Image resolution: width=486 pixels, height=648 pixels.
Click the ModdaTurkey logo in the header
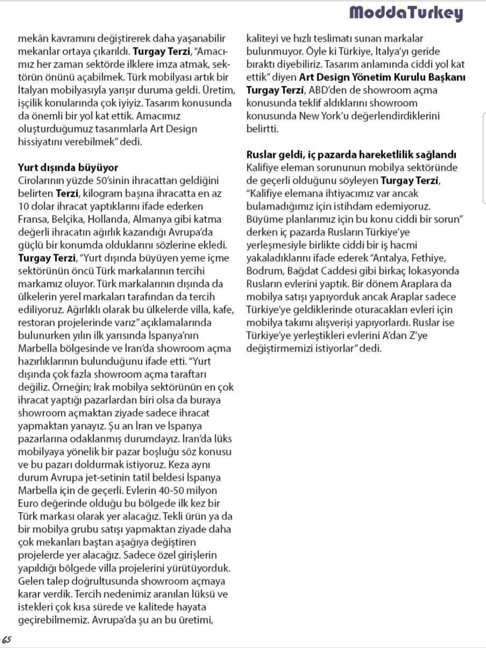[x=406, y=13]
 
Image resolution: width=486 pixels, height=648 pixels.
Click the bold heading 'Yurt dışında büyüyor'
[x=68, y=168]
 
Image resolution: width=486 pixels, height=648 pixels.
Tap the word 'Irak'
[x=101, y=387]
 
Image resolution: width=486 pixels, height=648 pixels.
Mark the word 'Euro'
[x=28, y=503]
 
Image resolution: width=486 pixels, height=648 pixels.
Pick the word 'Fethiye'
[x=429, y=258]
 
